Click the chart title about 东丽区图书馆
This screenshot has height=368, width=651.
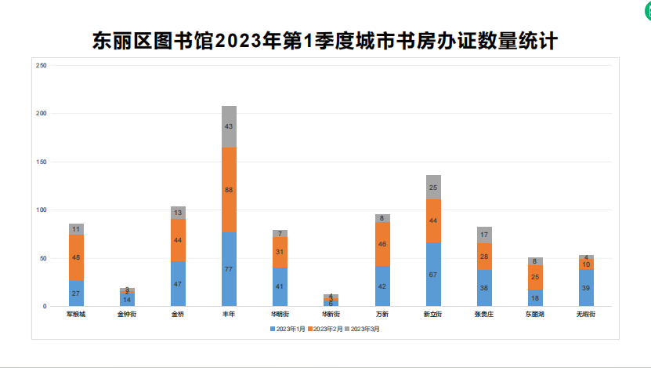click(x=324, y=41)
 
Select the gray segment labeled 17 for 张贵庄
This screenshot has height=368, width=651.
click(x=484, y=235)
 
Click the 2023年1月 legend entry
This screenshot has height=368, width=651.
click(x=288, y=329)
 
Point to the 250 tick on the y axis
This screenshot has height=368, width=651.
click(x=42, y=65)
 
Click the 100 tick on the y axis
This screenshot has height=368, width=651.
click(x=42, y=210)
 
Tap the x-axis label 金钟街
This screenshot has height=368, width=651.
click(x=127, y=314)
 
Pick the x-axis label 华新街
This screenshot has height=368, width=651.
click(x=331, y=314)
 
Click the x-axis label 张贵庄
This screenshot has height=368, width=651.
click(x=484, y=314)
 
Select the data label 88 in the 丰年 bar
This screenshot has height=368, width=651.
click(x=229, y=190)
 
